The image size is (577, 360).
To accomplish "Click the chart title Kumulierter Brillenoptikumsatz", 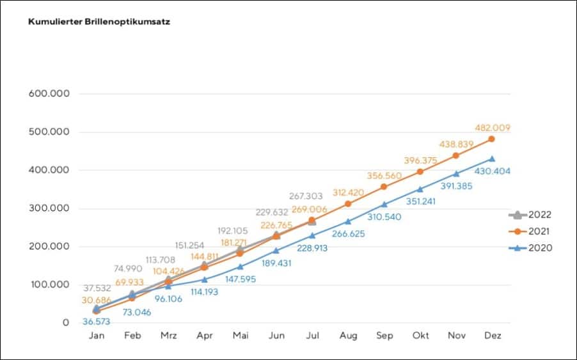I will click(x=99, y=22).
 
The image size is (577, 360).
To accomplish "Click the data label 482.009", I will click(x=492, y=128).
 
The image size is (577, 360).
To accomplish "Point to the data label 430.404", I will click(x=492, y=171).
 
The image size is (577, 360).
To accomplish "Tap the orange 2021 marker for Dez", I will click(x=492, y=139).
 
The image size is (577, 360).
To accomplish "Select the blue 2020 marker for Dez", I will click(x=492, y=159).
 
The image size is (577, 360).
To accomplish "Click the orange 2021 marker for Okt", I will click(x=420, y=171).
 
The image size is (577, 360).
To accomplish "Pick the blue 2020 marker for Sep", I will click(x=384, y=205).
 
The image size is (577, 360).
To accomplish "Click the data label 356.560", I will click(x=384, y=176).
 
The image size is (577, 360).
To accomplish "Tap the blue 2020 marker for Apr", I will click(x=204, y=279).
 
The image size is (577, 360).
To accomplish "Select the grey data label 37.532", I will click(x=96, y=288).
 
